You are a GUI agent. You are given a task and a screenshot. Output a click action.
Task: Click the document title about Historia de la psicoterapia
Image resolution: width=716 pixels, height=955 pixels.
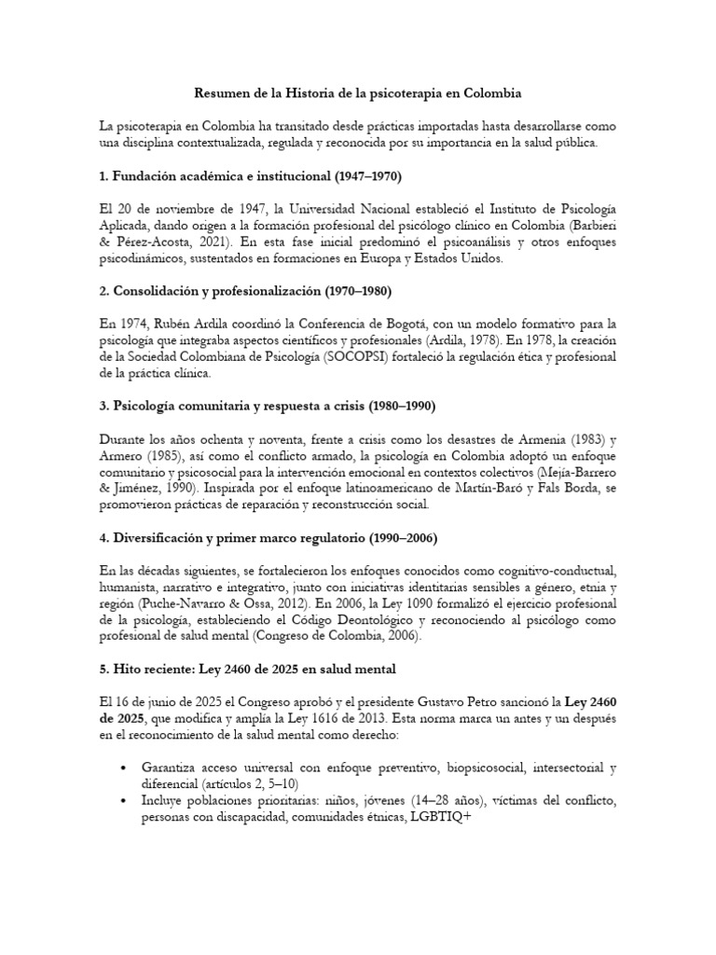tap(357, 93)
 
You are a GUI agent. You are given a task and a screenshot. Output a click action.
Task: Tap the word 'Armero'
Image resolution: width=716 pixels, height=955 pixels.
tap(125, 456)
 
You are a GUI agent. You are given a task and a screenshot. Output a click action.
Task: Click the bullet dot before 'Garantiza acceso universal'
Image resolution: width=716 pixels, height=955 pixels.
tap(125, 768)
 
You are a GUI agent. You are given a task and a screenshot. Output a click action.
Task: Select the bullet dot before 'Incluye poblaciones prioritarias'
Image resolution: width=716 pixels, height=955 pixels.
tap(125, 802)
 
